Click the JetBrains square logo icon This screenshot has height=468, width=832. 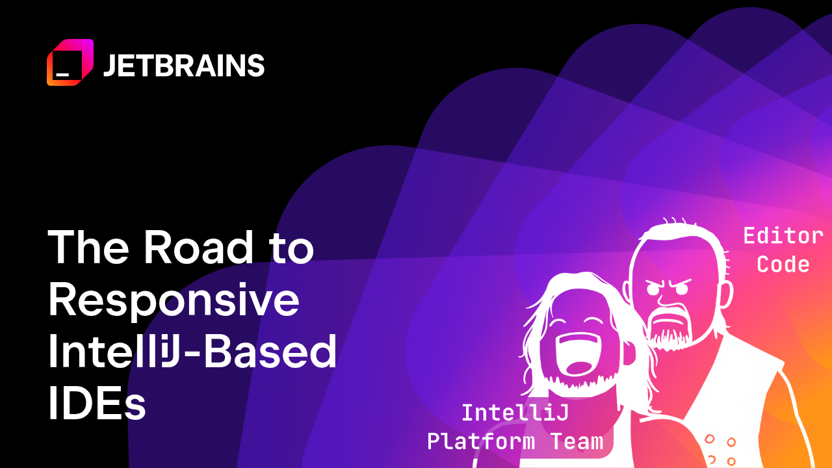click(70, 62)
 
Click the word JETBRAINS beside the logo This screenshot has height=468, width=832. click(184, 66)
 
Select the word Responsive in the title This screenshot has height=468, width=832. click(174, 301)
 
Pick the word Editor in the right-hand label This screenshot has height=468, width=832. click(783, 235)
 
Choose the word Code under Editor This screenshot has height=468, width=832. click(783, 265)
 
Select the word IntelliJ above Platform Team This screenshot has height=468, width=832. click(515, 412)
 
